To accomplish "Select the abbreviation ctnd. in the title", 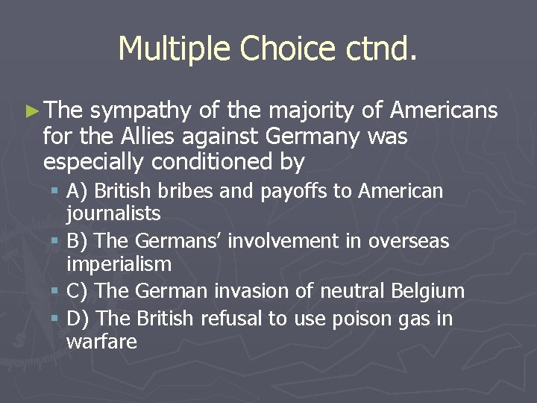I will pyautogui.click(x=381, y=49).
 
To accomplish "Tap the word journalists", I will pyautogui.click(x=113, y=214).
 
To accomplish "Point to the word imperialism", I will pyautogui.click(x=119, y=264).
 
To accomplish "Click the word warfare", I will pyautogui.click(x=101, y=342).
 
